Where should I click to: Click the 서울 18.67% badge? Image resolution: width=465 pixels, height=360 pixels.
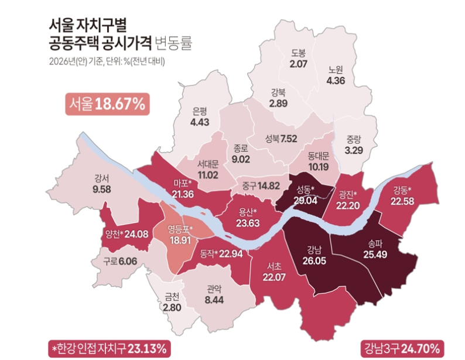[x=106, y=104]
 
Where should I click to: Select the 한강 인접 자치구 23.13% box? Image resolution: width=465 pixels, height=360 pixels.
[x=110, y=348]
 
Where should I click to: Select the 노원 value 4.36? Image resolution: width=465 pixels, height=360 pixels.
[x=340, y=81]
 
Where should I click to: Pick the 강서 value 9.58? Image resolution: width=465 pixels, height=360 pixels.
[x=103, y=190]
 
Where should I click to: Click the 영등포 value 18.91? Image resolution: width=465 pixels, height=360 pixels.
[x=180, y=239]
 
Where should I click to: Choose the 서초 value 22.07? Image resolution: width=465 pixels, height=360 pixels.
[x=274, y=277]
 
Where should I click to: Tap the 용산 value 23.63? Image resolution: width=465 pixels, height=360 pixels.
[x=248, y=222]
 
